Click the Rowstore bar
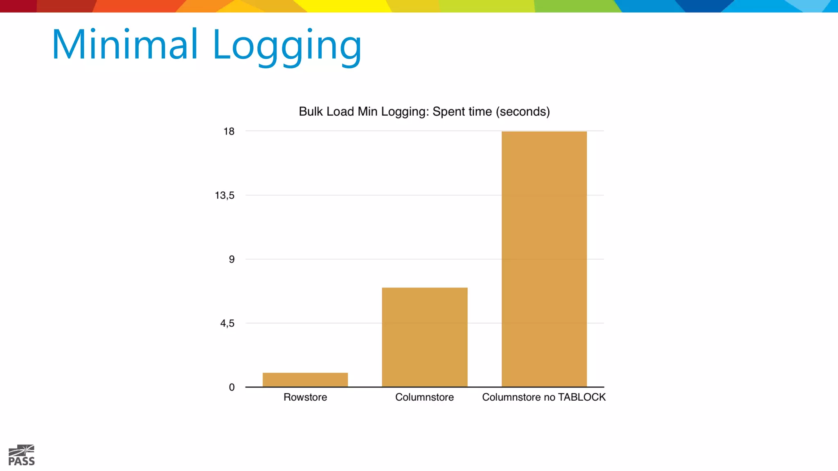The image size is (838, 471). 305,379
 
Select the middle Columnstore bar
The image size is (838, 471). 425,337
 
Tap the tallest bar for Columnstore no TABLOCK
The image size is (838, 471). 544,259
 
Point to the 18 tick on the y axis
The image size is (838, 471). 229,131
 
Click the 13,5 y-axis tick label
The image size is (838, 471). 225,195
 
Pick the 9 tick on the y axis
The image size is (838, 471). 232,259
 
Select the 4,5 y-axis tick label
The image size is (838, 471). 227,323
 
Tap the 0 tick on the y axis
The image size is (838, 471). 232,387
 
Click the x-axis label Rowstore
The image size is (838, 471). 305,397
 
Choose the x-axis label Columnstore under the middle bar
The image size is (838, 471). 424,397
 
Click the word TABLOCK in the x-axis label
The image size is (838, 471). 581,397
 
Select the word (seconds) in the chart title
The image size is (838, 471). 523,112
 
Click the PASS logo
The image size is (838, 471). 22,455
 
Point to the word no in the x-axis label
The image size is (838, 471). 549,397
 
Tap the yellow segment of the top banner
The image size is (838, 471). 348,6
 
